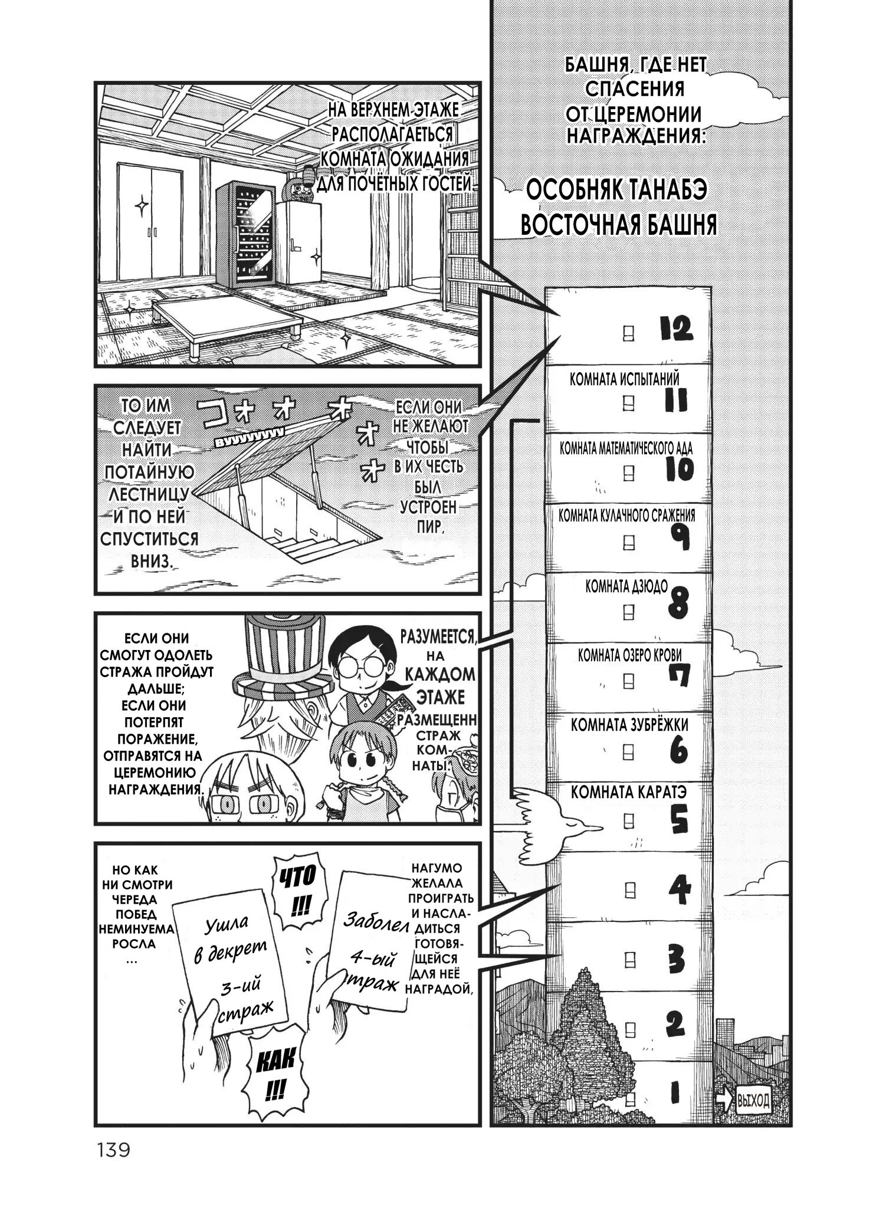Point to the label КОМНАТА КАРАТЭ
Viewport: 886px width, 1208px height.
[629, 793]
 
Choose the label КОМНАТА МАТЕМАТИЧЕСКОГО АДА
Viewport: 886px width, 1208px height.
[626, 448]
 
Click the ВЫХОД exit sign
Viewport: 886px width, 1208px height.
[753, 1100]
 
